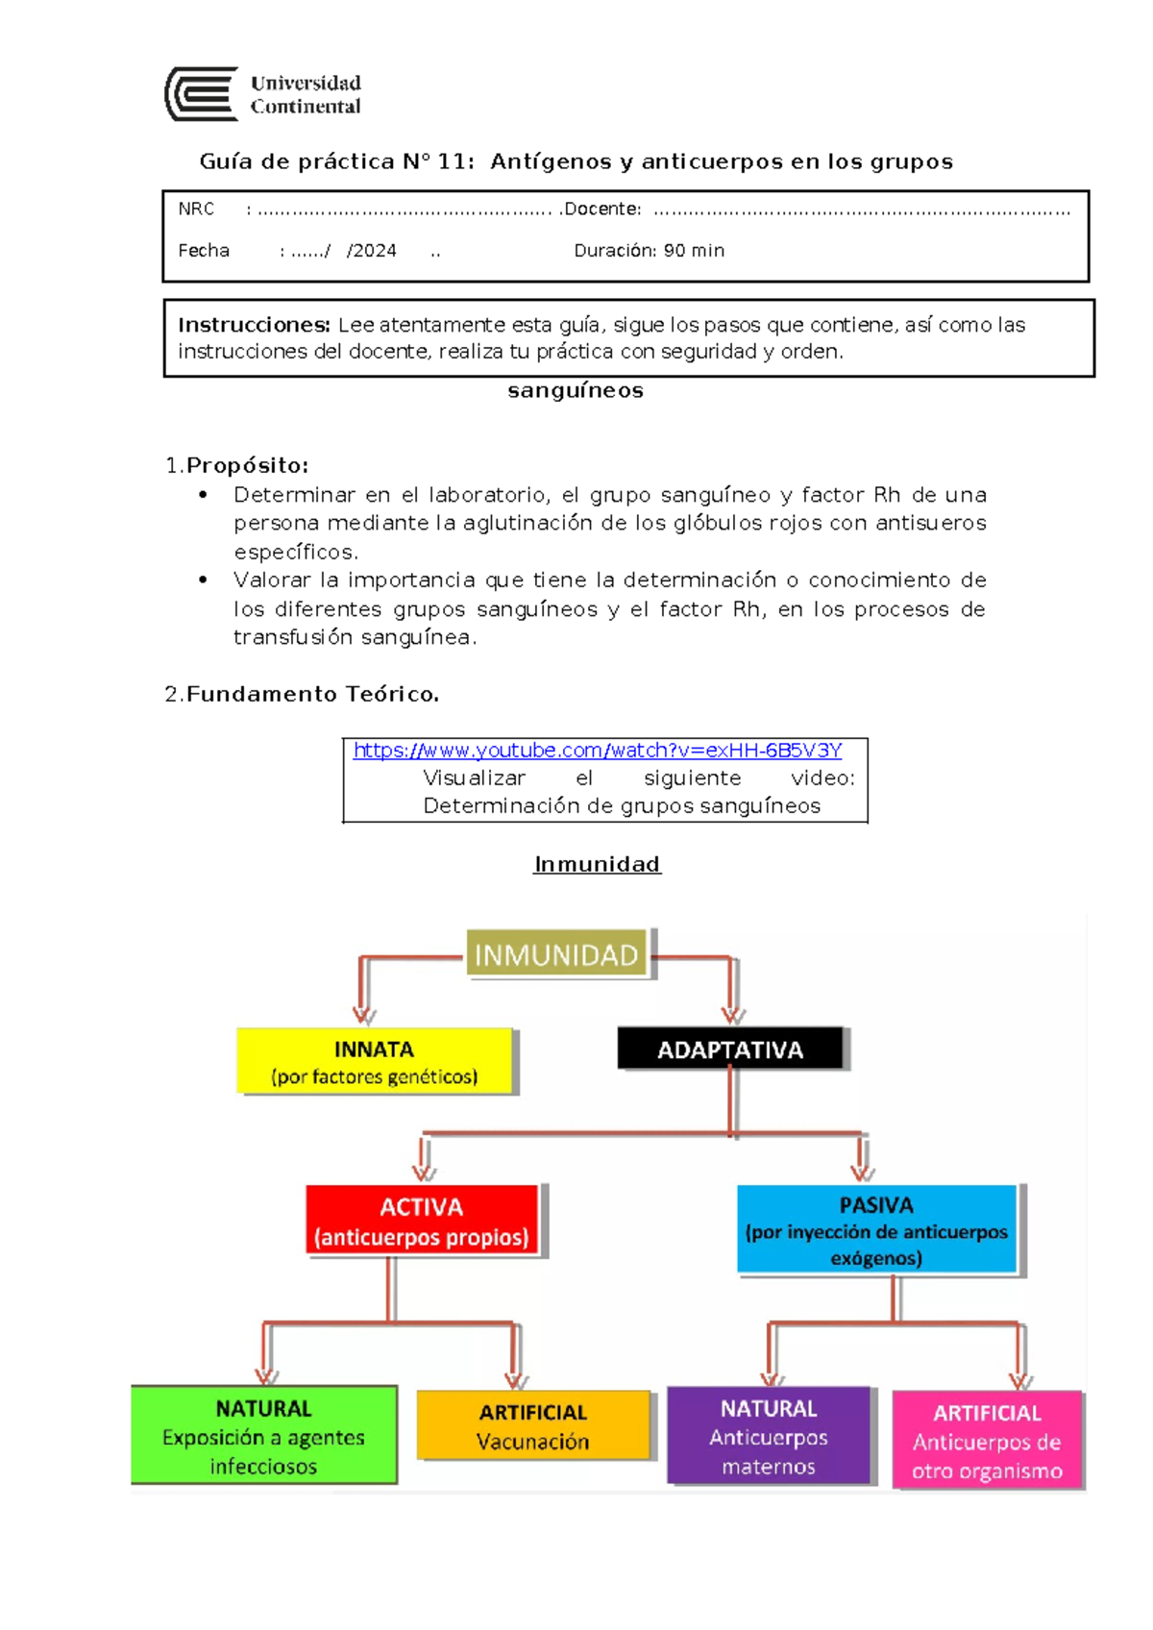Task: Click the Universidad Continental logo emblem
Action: pyautogui.click(x=202, y=94)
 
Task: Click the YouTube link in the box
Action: pyautogui.click(x=597, y=751)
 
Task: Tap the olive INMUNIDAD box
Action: pyautogui.click(x=556, y=954)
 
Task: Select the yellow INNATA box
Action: pyautogui.click(x=375, y=1062)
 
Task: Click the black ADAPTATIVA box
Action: pyautogui.click(x=730, y=1050)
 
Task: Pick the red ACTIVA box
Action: pyautogui.click(x=422, y=1222)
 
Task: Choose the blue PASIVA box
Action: pyautogui.click(x=876, y=1230)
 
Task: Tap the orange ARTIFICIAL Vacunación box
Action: pyautogui.click(x=533, y=1426)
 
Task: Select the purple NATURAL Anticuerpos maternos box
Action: pyautogui.click(x=769, y=1436)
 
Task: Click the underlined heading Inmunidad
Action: pyautogui.click(x=597, y=864)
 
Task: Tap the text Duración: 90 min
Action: pyautogui.click(x=649, y=251)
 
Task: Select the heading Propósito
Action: pyautogui.click(x=247, y=465)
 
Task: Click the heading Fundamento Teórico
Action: pyautogui.click(x=312, y=694)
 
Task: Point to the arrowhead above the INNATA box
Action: pyautogui.click(x=363, y=1015)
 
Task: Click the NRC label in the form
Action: pyautogui.click(x=196, y=209)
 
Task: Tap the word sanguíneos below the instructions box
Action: pyautogui.click(x=576, y=390)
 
